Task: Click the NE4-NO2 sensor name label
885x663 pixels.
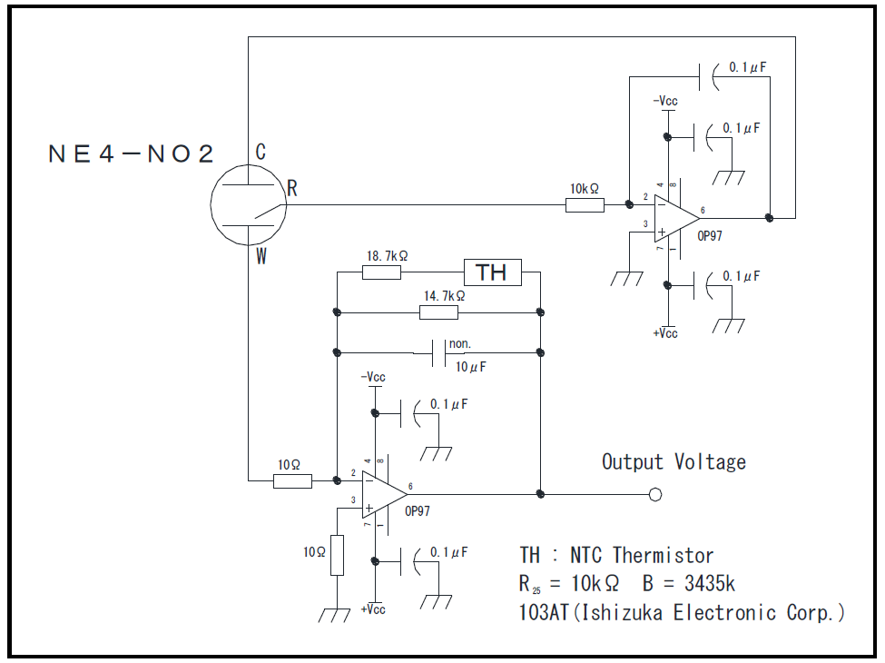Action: pos(132,153)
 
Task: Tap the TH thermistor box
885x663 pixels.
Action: pos(493,272)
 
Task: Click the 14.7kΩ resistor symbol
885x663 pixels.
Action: pos(438,312)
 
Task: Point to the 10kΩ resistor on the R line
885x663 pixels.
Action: pos(585,205)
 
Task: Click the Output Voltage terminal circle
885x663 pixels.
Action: pos(655,494)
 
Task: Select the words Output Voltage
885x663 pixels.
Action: pos(674,461)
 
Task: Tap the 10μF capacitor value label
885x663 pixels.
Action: pos(471,367)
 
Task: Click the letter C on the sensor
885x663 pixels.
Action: pos(261,153)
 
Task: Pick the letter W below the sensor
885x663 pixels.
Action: pos(261,257)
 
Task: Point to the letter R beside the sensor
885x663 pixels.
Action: pos(292,188)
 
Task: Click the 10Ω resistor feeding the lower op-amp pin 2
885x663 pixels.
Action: pos(292,480)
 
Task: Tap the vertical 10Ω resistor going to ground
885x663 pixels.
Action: pos(337,555)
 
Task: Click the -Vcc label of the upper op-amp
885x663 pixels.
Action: pos(665,102)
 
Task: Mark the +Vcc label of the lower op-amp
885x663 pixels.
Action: pos(372,609)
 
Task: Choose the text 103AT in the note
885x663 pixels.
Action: pos(543,612)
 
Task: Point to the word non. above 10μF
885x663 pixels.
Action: pos(459,344)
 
